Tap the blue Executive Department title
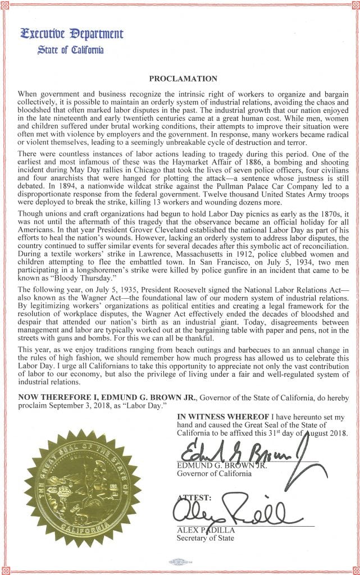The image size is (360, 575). tap(71, 34)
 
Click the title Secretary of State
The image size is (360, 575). tap(206, 539)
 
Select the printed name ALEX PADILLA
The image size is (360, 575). tap(206, 530)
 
